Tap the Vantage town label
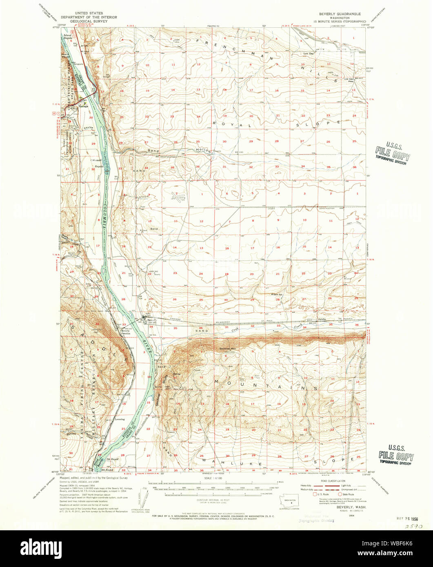pos(84,106)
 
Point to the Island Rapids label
pos(67,37)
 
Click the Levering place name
pos(120,419)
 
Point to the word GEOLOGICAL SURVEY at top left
pos(89,21)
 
